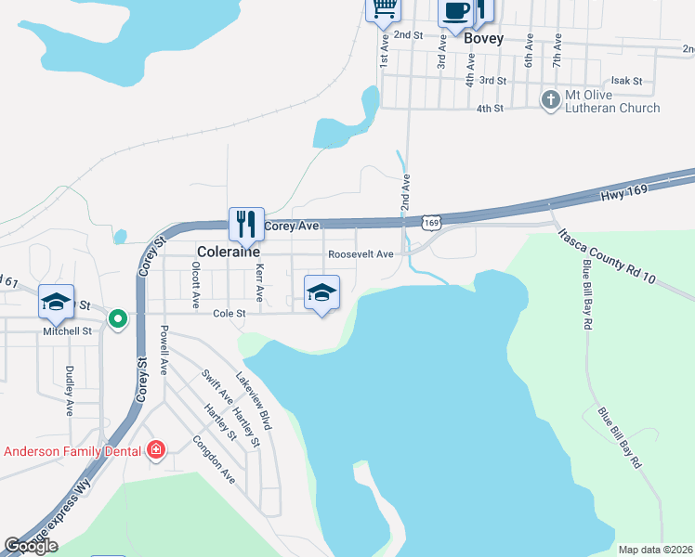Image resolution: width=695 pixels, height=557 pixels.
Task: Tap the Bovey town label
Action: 483,39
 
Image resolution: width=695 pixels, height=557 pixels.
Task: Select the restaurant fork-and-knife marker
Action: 246,224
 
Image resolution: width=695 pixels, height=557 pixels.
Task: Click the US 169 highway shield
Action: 430,222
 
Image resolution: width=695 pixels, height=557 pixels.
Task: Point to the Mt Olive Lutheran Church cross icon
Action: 551,98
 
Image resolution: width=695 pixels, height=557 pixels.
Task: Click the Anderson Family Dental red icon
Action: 156,451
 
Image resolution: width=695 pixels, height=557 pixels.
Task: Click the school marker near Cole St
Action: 321,292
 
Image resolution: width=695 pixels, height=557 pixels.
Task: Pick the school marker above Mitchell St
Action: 56,301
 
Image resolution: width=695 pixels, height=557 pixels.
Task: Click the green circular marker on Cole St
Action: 117,319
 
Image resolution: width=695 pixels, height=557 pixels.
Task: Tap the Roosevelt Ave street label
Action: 361,254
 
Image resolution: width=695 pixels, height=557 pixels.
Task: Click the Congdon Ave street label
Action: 214,460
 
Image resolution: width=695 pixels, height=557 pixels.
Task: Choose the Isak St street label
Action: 625,81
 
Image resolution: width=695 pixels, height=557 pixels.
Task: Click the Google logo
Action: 32,546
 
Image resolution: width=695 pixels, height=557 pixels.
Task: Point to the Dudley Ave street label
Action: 70,389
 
